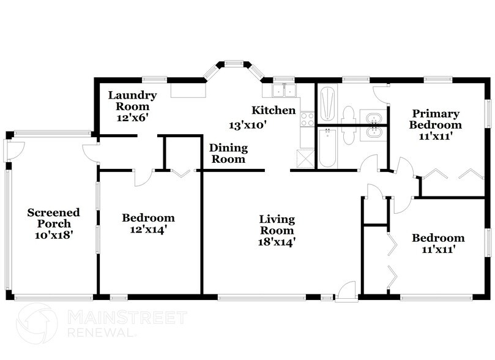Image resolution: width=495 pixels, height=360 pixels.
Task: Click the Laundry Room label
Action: click(x=133, y=106)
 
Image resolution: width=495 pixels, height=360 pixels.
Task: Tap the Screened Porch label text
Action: click(x=53, y=223)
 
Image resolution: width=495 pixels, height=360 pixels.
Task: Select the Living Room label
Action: click(x=277, y=230)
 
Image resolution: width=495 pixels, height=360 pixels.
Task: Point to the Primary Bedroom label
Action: click(x=436, y=124)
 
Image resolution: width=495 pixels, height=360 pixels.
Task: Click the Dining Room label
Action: click(x=228, y=153)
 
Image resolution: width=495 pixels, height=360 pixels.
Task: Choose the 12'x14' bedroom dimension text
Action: click(x=148, y=230)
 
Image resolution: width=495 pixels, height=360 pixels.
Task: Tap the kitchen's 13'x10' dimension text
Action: click(x=248, y=124)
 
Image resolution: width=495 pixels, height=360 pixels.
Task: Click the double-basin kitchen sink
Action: click(x=282, y=91)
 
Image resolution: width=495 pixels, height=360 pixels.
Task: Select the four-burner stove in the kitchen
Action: click(x=307, y=119)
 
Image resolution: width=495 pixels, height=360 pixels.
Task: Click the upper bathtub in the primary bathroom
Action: click(x=327, y=103)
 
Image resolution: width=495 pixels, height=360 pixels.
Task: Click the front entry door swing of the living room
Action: click(x=348, y=290)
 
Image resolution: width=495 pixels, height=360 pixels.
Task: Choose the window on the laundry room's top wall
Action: click(x=155, y=79)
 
